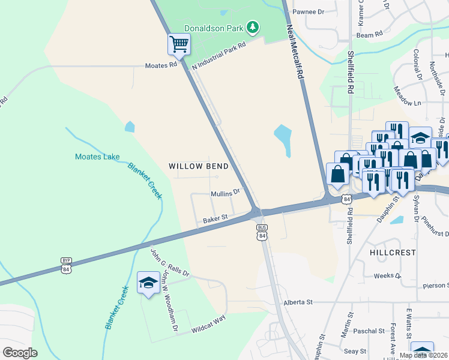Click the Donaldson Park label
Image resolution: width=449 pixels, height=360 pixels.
coord(213,27)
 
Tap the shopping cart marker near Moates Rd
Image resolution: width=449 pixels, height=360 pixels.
coord(179,44)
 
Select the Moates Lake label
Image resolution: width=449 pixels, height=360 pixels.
coord(97,157)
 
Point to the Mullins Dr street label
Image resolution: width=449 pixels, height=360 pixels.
coord(225,193)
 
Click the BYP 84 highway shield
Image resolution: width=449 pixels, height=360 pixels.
coord(66,264)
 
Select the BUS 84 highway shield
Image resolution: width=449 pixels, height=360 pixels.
coord(262,232)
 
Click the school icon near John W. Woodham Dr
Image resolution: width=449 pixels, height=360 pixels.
coord(148,283)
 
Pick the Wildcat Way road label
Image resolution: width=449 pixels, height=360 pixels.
coord(208,325)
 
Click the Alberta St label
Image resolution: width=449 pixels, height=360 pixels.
coord(299,302)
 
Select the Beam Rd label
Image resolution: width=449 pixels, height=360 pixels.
coord(369,35)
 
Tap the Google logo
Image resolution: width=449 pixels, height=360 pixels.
coord(20,352)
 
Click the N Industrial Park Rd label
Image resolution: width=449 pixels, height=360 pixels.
coord(219,56)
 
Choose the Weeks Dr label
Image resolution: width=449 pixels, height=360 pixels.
coord(387,276)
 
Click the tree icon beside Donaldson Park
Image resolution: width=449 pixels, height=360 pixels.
coord(253,27)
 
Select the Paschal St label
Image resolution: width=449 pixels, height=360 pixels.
coord(369,331)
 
